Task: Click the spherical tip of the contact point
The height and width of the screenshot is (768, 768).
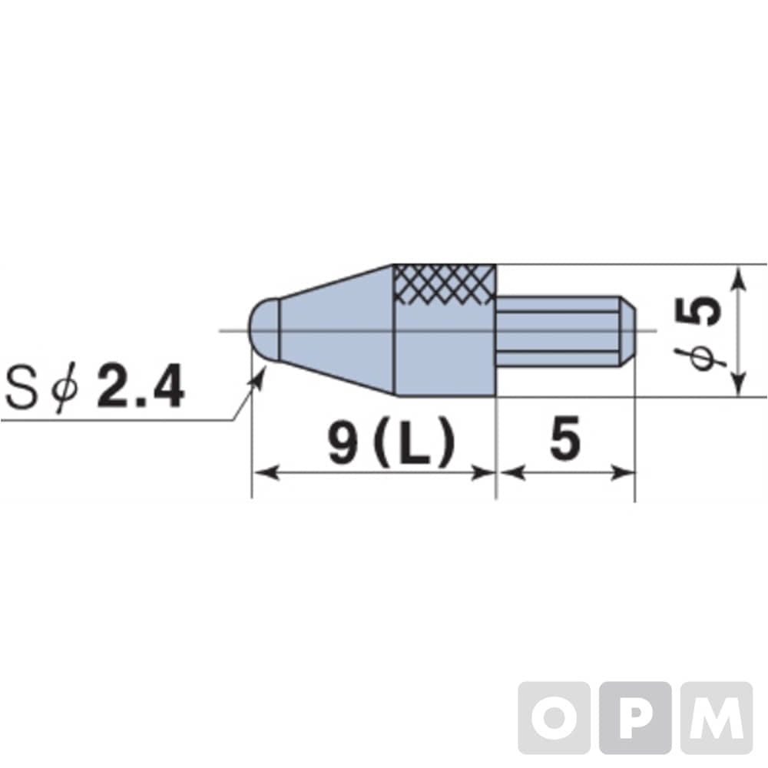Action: click(x=264, y=330)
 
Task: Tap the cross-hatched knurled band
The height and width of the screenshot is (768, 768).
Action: click(x=445, y=285)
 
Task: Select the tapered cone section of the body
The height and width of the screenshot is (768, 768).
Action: click(x=337, y=330)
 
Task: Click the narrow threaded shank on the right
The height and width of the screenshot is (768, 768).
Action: click(x=558, y=331)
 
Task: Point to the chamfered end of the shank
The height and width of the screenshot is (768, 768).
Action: click(x=628, y=331)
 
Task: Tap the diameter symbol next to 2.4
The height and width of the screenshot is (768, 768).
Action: click(x=64, y=388)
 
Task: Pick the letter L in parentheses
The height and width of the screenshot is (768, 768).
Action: click(x=415, y=442)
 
